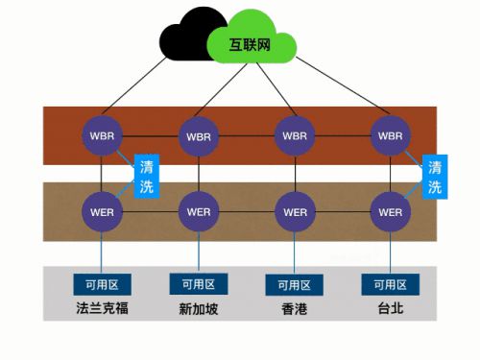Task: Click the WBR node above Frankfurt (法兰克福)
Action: [103, 134]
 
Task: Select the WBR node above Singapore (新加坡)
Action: [199, 134]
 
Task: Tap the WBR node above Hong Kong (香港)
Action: [295, 134]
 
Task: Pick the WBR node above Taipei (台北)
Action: [391, 134]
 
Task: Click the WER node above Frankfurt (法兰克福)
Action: [103, 211]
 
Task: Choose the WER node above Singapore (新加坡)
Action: [199, 211]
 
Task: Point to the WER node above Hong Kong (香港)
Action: [295, 211]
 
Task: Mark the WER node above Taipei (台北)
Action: [391, 211]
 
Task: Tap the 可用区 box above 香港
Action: [295, 284]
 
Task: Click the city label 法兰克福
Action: [102, 309]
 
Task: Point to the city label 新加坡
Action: [198, 309]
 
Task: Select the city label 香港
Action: [295, 309]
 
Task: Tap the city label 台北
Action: [390, 309]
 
